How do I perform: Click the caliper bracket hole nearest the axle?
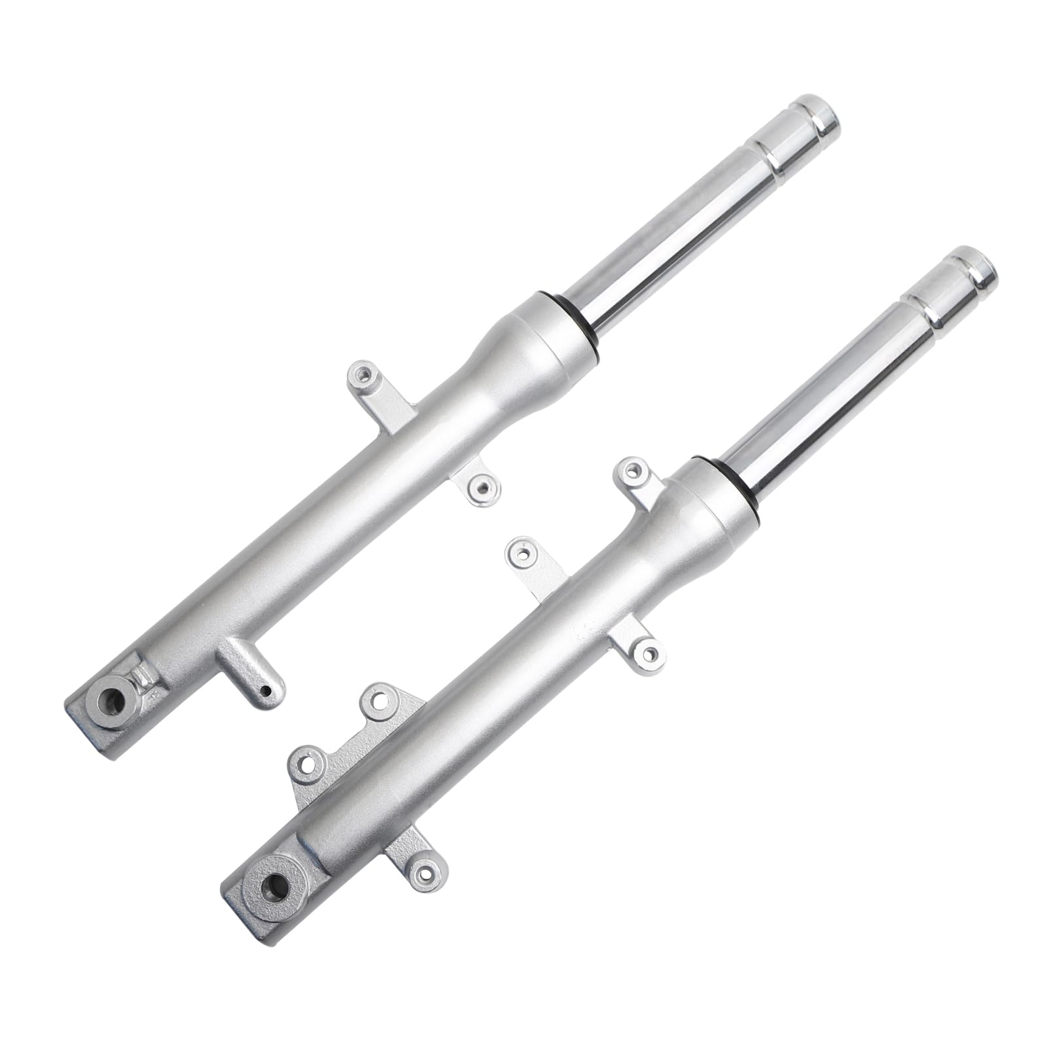(x=306, y=777)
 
